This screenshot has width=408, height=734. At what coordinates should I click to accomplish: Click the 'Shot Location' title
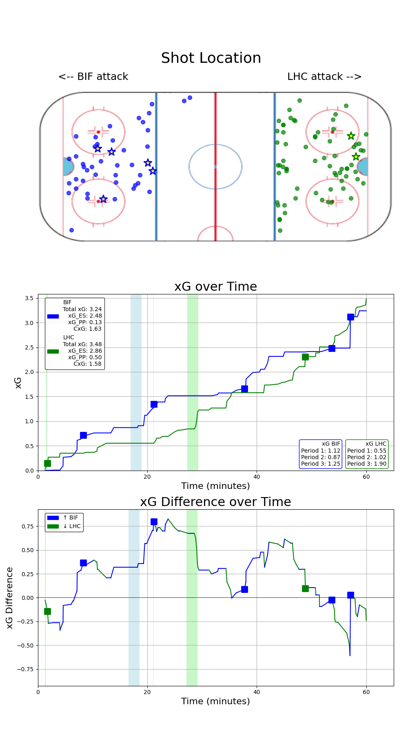pyautogui.click(x=211, y=58)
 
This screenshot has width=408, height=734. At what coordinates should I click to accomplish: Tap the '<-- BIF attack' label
pyautogui.click(x=93, y=77)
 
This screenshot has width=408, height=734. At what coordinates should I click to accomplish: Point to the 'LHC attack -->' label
pyautogui.click(x=324, y=77)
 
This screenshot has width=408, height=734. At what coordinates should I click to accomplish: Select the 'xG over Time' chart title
pyautogui.click(x=215, y=287)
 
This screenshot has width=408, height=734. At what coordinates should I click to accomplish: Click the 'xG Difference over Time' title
pyautogui.click(x=215, y=502)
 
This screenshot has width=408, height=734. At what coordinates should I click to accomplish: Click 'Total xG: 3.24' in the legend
pyautogui.click(x=82, y=309)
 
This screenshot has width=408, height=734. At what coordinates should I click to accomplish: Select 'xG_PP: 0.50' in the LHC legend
pyautogui.click(x=85, y=357)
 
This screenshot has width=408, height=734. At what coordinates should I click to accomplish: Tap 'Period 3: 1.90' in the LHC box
pyautogui.click(x=367, y=464)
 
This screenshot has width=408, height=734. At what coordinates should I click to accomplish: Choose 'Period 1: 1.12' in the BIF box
pyautogui.click(x=321, y=451)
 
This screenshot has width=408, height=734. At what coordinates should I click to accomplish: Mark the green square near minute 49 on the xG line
pyautogui.click(x=305, y=357)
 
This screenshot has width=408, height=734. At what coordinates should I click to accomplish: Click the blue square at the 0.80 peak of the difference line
pyautogui.click(x=154, y=522)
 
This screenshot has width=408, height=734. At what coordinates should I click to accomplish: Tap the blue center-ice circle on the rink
pyautogui.click(x=215, y=166)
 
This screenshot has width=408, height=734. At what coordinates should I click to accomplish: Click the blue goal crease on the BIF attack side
pyautogui.click(x=68, y=167)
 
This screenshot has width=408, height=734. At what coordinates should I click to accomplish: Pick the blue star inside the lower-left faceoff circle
pyautogui.click(x=104, y=199)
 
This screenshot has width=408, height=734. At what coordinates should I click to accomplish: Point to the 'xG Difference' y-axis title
pyautogui.click(x=10, y=597)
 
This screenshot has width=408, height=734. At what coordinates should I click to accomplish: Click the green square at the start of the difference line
pyautogui.click(x=47, y=611)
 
